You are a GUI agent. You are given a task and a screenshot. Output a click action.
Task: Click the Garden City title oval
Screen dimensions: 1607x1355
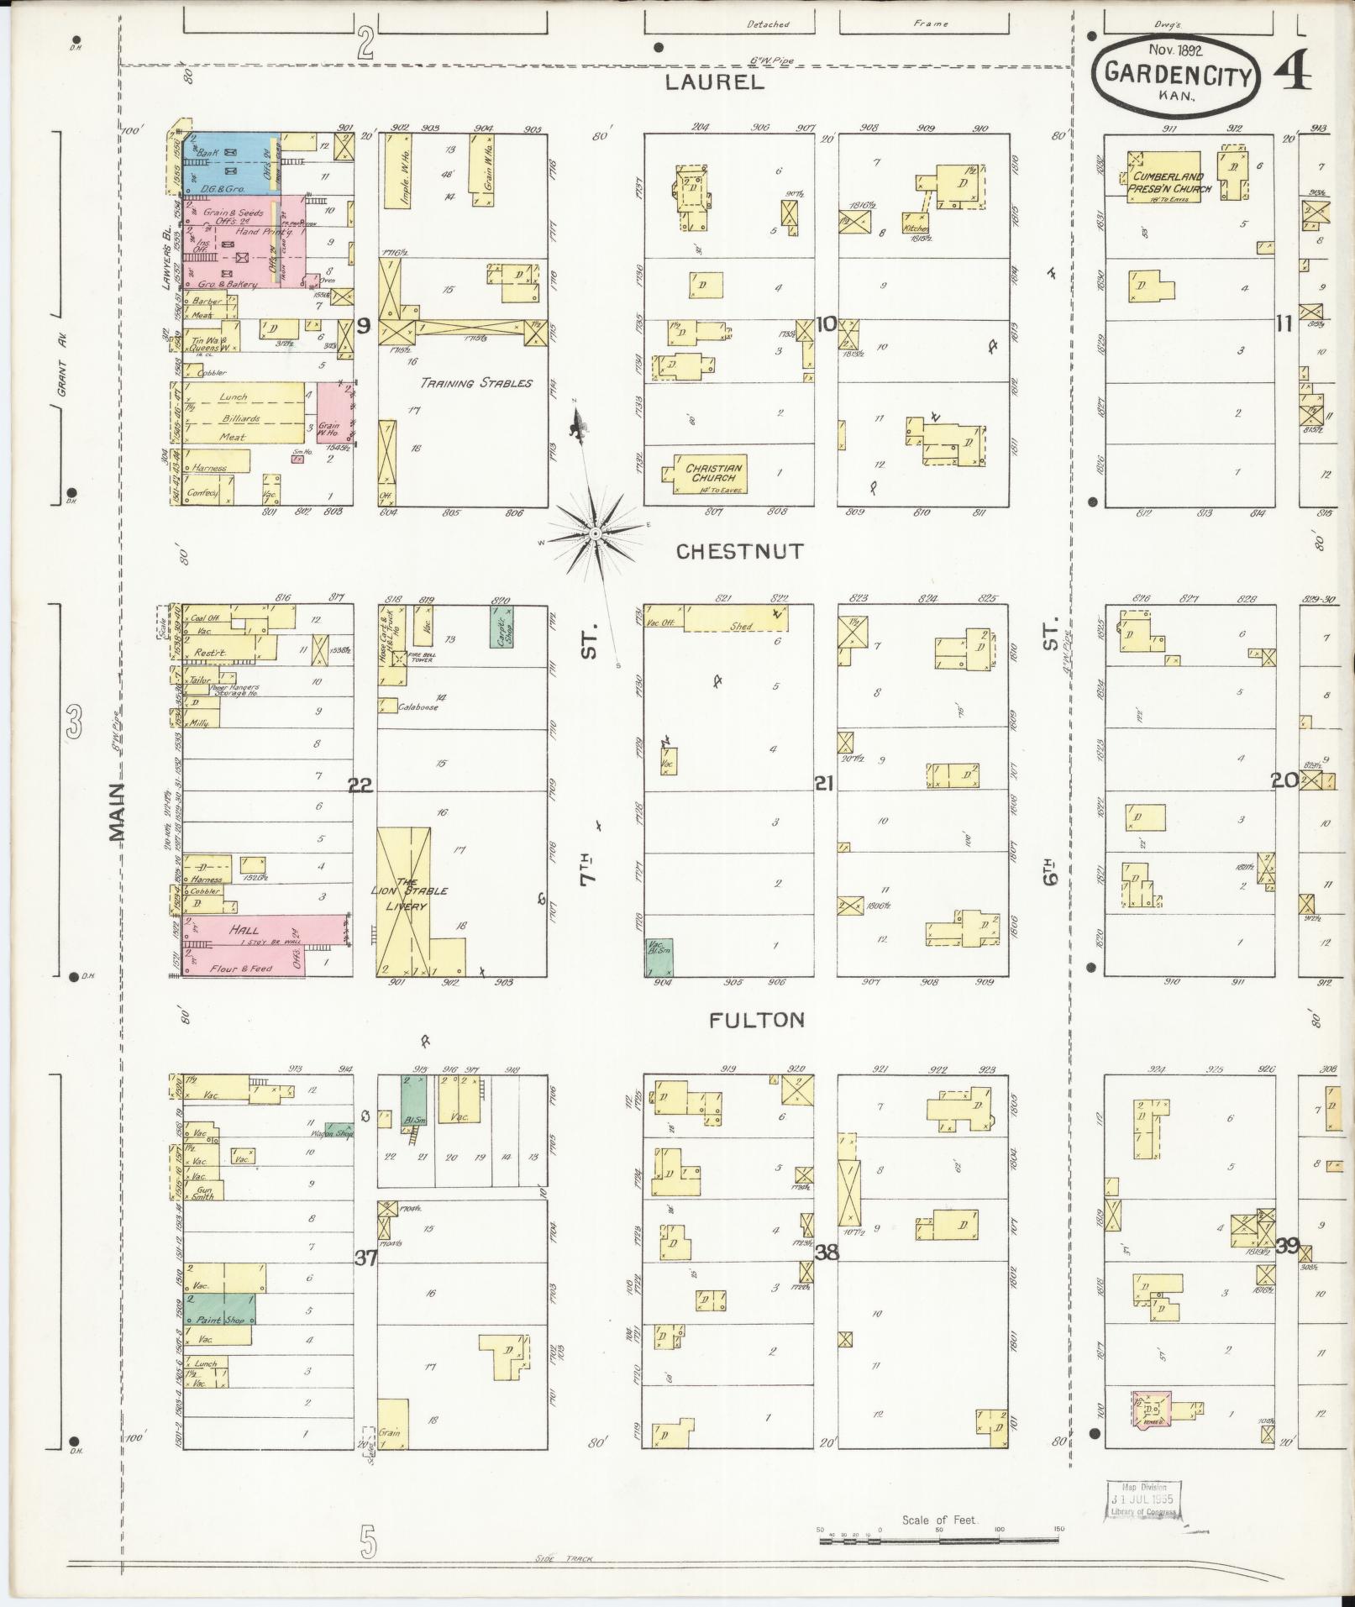click(1175, 75)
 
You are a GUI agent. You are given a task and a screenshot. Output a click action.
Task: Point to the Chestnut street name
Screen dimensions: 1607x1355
click(740, 551)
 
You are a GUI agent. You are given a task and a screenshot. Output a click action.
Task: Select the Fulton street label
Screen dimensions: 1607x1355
click(756, 1020)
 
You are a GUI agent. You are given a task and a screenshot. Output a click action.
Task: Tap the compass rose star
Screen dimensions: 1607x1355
click(594, 533)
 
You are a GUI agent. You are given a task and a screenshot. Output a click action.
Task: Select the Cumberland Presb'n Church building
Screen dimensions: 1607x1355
click(1163, 177)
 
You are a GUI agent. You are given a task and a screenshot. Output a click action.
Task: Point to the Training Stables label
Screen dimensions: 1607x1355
click(476, 383)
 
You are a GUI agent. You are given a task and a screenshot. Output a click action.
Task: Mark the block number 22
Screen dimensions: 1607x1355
click(360, 785)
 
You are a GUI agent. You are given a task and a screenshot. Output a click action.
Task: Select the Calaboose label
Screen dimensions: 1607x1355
click(418, 707)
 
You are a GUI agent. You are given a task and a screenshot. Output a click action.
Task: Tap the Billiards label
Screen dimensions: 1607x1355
click(240, 418)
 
